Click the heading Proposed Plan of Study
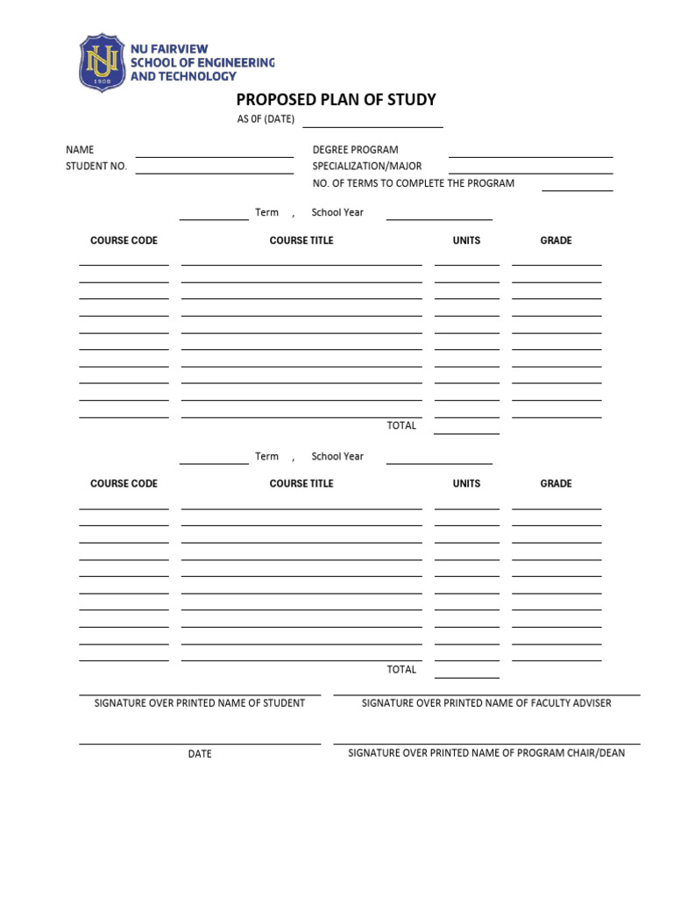[x=336, y=100]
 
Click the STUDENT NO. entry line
[x=214, y=171]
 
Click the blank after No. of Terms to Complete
[x=577, y=188]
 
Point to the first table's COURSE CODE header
[x=124, y=240]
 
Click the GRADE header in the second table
[x=556, y=483]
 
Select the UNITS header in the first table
[x=466, y=240]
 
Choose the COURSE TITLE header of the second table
[x=301, y=483]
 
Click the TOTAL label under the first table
[x=401, y=426]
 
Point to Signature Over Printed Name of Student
[x=200, y=703]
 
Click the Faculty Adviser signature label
[x=486, y=703]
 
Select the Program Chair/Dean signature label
[x=486, y=753]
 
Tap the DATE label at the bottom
[x=200, y=754]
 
